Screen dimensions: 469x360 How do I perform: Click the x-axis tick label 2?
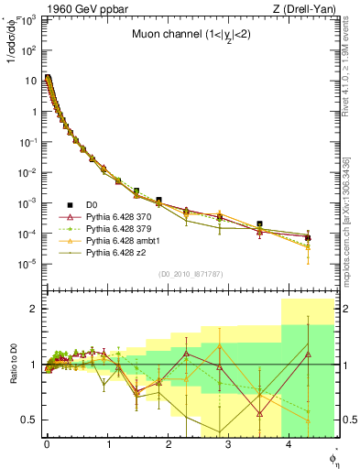(168, 444)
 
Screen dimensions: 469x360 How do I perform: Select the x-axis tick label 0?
(47, 444)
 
